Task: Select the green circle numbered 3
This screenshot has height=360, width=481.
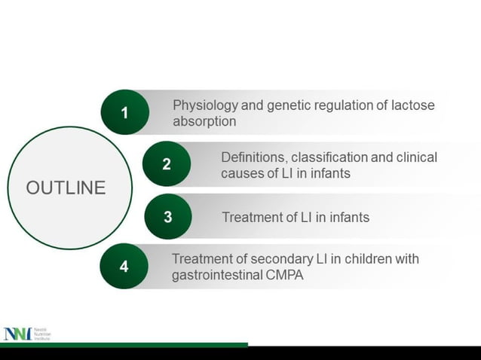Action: (167, 217)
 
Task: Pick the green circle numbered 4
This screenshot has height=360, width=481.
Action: (124, 267)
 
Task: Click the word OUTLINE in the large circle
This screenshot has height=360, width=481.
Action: (66, 188)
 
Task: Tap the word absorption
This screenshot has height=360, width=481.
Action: (205, 121)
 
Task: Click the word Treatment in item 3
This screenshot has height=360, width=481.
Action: (252, 218)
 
